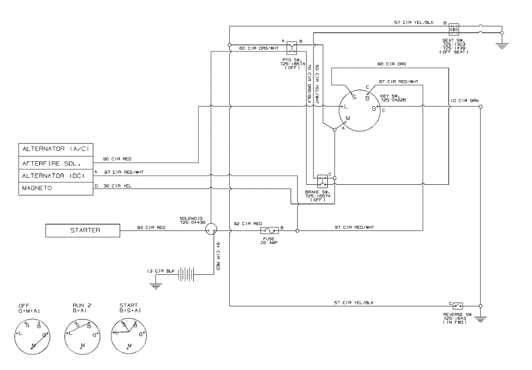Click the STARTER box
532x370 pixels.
click(83, 230)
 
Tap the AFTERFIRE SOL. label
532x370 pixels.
click(56, 163)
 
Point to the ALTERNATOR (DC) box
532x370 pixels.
click(56, 176)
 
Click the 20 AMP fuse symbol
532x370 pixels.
click(269, 230)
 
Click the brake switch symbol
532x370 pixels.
click(322, 179)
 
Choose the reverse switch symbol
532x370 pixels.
click(457, 305)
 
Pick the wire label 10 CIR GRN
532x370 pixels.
click(464, 101)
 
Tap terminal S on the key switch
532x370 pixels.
click(353, 96)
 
